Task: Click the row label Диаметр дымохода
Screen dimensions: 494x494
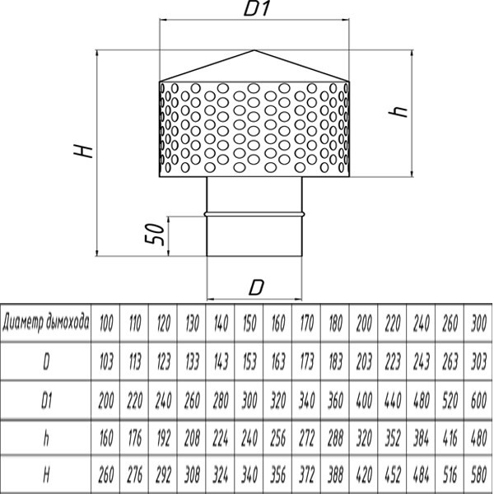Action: pos(46,322)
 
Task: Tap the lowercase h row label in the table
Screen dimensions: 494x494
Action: pos(46,437)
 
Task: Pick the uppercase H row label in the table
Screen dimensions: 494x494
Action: pos(46,475)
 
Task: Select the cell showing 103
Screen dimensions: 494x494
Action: pos(106,361)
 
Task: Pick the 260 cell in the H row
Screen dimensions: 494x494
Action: pos(106,475)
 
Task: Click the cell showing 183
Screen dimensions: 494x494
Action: pos(335,361)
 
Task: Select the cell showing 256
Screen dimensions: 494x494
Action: pos(277,437)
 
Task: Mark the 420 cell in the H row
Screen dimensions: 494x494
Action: pos(364,475)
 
